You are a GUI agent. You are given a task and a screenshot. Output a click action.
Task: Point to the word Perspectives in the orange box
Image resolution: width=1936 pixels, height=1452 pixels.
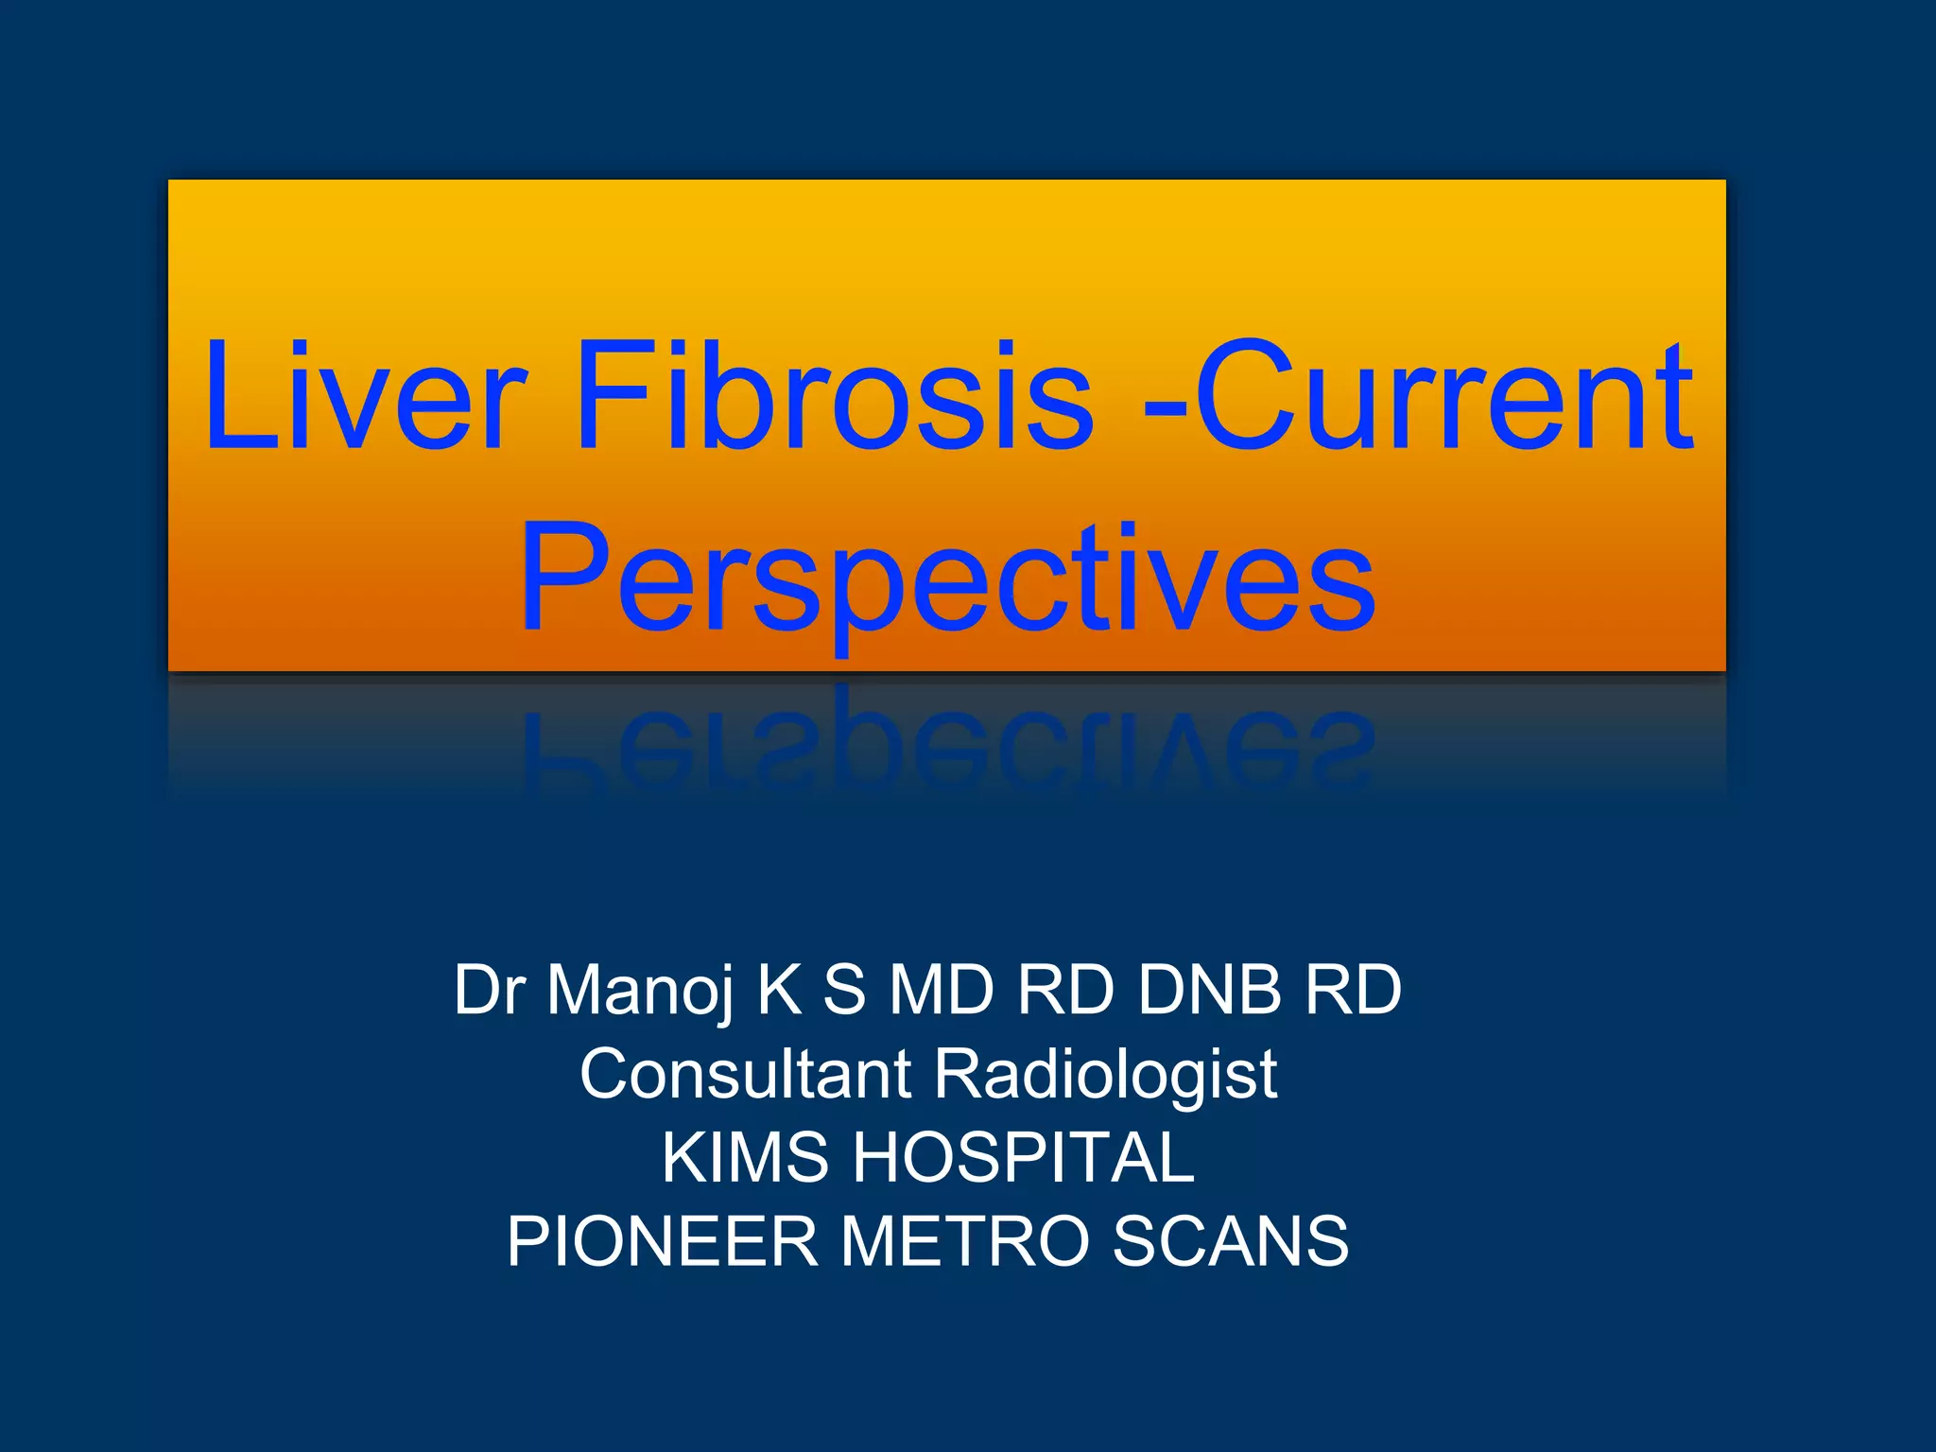(x=947, y=579)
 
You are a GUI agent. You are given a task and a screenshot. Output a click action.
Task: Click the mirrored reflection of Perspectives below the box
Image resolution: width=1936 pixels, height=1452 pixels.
(x=947, y=747)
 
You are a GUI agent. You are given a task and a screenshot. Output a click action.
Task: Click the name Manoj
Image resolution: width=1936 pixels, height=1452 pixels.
(x=640, y=991)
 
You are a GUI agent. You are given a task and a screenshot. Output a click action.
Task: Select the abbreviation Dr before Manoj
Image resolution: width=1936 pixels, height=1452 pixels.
(x=489, y=991)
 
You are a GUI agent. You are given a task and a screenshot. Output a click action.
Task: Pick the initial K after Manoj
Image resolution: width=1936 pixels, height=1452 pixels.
(x=779, y=991)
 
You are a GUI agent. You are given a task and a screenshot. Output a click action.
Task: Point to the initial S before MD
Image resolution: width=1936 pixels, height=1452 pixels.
(x=844, y=991)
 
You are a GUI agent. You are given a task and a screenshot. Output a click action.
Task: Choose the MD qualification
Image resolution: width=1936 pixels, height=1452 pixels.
(x=942, y=991)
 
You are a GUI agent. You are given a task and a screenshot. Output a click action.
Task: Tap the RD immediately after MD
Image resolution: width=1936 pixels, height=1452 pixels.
(x=1065, y=991)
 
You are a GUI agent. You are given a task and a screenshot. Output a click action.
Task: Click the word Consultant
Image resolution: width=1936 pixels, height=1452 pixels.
(x=746, y=1074)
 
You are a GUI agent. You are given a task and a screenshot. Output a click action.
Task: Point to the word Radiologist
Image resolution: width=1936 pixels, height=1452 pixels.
(x=1105, y=1076)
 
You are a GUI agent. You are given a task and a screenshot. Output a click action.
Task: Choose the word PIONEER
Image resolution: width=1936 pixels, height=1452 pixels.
(x=662, y=1241)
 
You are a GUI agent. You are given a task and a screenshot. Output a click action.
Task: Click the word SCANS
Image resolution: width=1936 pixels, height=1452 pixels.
(x=1230, y=1241)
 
